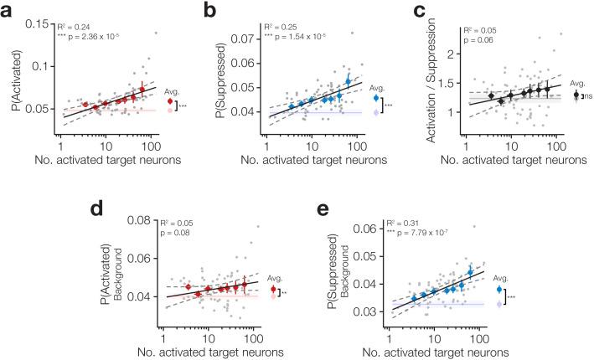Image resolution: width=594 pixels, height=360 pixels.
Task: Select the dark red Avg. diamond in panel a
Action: pyautogui.click(x=171, y=101)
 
